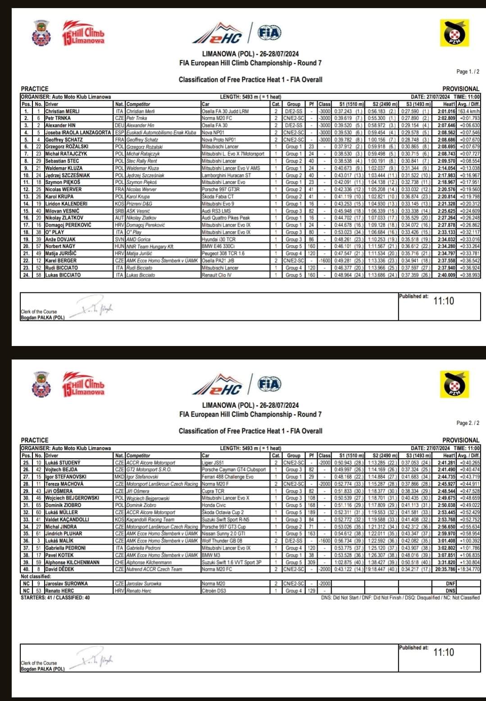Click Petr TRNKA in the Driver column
pos(58,118)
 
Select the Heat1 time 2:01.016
pos(446,111)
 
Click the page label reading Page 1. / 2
pos(468,72)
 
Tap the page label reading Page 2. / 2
pos(468,423)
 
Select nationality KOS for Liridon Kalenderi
pos(119,204)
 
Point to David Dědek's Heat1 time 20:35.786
pos(445,569)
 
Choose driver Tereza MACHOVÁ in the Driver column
pos(64,484)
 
